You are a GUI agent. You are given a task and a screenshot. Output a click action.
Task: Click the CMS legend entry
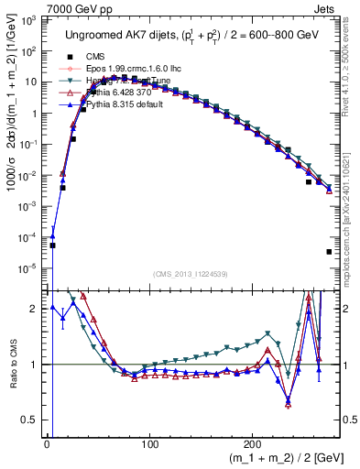[x=109, y=56]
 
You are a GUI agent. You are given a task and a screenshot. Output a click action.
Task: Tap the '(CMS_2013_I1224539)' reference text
[x=190, y=273]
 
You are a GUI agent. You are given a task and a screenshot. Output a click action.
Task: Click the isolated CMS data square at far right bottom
[x=328, y=252]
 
